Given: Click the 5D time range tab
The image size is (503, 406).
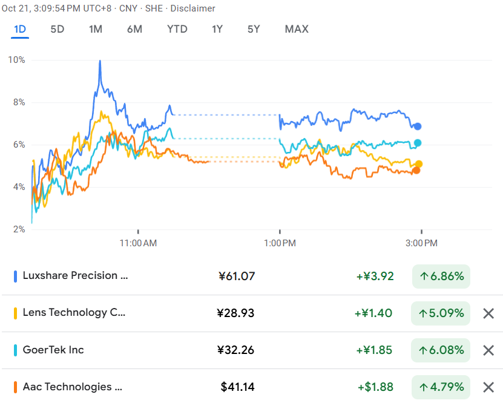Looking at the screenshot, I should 57,29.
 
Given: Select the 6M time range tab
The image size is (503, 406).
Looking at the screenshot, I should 134,29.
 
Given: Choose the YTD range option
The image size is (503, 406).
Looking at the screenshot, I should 177,29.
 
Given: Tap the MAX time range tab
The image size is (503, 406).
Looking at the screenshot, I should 297,29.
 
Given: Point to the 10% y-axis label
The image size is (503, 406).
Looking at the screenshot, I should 16,60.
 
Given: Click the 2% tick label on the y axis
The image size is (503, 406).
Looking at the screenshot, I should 18,229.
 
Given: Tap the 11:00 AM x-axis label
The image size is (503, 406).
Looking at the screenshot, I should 138,243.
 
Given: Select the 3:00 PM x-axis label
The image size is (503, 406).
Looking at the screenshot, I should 421,243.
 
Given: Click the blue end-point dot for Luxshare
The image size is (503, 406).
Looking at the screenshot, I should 418,126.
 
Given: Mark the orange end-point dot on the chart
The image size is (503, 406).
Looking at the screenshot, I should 416,170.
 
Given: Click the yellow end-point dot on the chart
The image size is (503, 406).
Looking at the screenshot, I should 418,164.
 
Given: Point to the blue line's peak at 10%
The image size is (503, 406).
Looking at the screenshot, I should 99,61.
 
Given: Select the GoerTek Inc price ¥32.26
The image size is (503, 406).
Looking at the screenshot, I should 236,350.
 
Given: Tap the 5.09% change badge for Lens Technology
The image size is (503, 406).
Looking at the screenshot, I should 441,313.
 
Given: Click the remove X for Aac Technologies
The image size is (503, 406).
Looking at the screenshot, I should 488,387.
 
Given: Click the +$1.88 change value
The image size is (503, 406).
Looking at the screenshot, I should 375,387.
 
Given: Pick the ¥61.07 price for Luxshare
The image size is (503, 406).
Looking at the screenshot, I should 237,277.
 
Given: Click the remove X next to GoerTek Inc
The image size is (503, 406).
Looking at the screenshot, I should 488,350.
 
